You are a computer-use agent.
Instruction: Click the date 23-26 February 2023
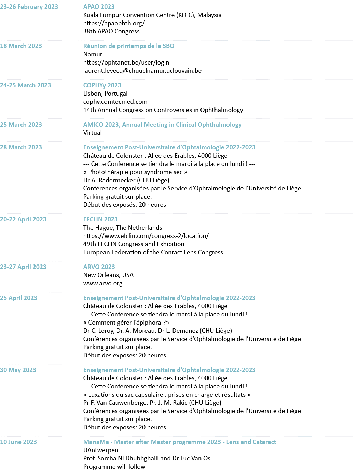tap(29, 7)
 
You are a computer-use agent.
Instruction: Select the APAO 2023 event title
tap(99, 7)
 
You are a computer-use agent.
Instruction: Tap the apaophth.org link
tap(114, 23)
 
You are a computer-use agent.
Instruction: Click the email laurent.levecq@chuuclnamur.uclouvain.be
tap(142, 71)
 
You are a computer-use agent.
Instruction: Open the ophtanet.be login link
tap(126, 62)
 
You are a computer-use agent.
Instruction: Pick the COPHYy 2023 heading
tap(102, 85)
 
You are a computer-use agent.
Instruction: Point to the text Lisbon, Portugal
tap(105, 94)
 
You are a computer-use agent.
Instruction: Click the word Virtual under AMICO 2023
tap(92, 133)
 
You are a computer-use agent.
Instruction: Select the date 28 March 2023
tap(21, 147)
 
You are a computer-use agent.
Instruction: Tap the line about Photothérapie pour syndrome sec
tap(135, 172)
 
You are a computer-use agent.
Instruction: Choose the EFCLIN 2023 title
tap(100, 219)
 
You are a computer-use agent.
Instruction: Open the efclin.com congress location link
tap(146, 236)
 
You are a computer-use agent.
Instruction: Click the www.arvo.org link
tap(102, 283)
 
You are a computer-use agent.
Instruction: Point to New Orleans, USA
tap(108, 275)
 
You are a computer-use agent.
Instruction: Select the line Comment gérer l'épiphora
tap(126, 323)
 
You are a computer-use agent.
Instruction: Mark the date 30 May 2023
tap(18, 370)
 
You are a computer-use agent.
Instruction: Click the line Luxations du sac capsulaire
tap(167, 395)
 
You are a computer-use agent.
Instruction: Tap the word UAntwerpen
tap(100, 450)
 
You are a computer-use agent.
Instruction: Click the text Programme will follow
tap(114, 467)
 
